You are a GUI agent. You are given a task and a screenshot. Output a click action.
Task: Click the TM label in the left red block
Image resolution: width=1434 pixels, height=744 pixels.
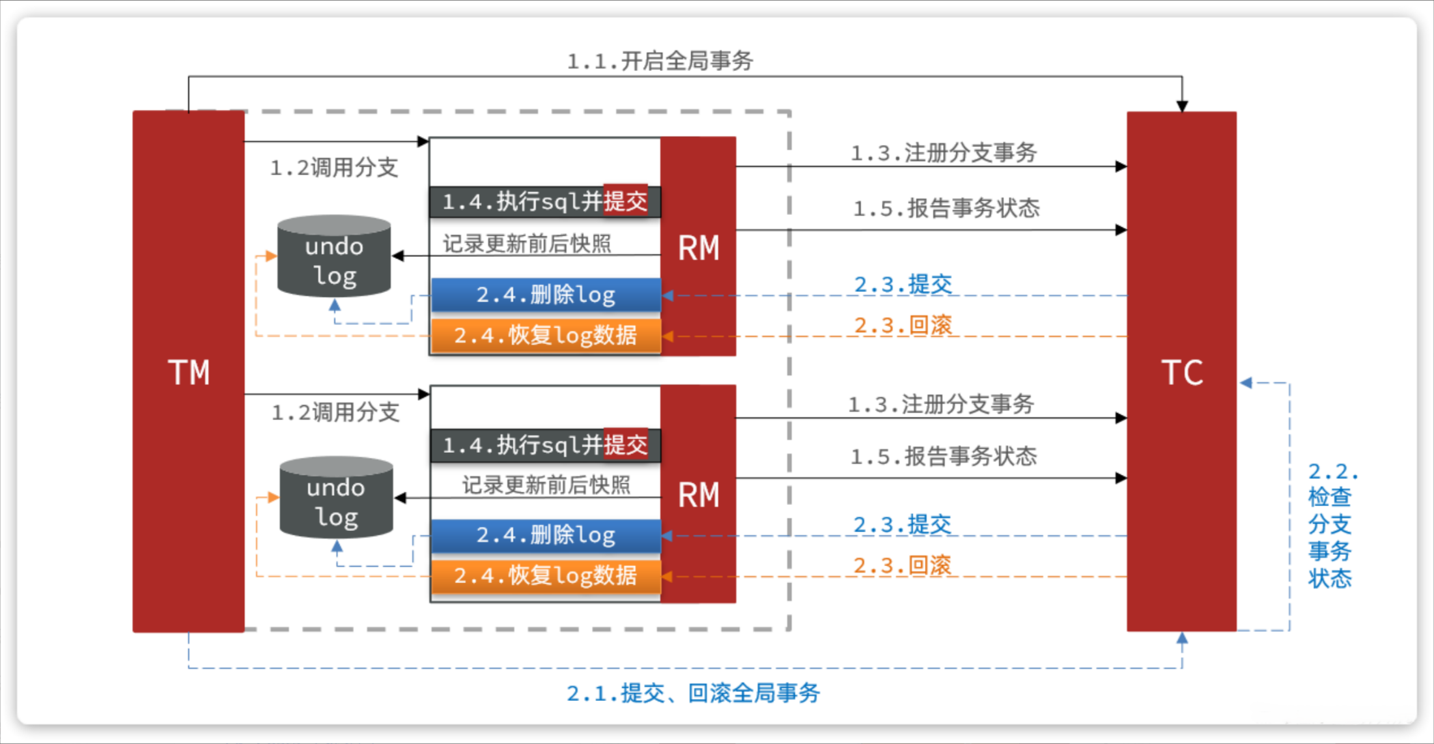(189, 373)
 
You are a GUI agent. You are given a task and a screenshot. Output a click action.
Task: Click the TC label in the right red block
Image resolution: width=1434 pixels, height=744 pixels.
(1182, 373)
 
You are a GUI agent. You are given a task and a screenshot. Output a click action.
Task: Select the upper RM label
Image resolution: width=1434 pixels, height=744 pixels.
(699, 248)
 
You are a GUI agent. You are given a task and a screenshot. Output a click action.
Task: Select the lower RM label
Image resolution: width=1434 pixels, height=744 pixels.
(699, 495)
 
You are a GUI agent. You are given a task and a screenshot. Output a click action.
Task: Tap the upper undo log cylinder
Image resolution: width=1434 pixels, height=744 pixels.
(334, 256)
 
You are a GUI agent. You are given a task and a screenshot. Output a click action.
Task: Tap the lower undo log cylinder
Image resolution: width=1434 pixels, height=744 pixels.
(336, 498)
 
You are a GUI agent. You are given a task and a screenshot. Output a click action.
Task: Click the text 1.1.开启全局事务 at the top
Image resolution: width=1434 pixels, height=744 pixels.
(660, 61)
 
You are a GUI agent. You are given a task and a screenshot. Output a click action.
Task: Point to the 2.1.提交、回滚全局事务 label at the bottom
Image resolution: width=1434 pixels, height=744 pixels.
(693, 693)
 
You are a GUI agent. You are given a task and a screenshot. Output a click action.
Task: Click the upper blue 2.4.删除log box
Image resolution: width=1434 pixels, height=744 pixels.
(546, 295)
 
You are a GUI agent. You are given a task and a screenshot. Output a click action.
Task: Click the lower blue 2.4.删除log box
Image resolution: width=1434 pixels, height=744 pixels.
(546, 536)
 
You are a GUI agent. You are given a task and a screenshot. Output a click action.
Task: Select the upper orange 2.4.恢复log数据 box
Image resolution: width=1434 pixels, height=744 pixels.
(546, 336)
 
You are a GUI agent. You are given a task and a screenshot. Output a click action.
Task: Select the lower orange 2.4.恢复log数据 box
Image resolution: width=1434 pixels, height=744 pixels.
(546, 576)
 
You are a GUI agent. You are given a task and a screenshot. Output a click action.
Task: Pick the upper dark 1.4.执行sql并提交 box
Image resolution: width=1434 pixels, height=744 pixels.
(545, 201)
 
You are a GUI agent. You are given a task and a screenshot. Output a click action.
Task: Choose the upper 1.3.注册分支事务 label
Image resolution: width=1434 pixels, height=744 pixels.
(944, 153)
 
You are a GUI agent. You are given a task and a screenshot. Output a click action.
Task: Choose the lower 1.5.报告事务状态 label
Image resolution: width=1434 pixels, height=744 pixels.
(944, 456)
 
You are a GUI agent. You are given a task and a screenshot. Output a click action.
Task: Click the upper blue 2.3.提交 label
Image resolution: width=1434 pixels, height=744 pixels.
(903, 285)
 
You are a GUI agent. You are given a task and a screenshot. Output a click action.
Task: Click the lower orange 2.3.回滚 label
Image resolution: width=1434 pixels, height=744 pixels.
(903, 565)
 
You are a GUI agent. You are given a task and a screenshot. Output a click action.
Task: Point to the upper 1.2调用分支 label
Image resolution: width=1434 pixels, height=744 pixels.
(334, 168)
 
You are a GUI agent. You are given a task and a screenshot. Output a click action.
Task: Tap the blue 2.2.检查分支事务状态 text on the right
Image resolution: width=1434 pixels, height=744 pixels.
(1332, 525)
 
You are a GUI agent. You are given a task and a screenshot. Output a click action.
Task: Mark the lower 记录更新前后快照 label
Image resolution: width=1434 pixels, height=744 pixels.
(546, 485)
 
